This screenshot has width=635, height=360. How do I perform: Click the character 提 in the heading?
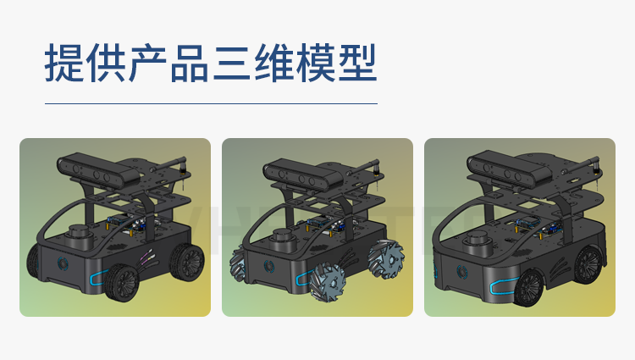pos(64,63)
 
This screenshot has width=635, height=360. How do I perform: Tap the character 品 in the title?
pos(190,63)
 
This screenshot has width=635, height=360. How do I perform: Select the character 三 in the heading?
pos(232,63)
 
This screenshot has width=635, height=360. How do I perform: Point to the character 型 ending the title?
pos(357,63)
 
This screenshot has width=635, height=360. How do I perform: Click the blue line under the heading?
pos(211,103)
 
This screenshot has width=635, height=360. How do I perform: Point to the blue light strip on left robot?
pos(97,275)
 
